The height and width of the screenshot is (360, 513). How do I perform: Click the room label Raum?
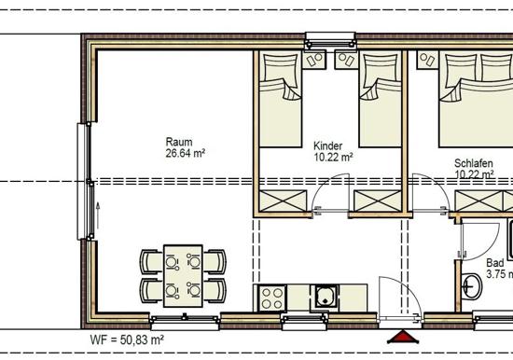coord(179,142)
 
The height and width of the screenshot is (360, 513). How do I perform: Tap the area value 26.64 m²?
coord(186,153)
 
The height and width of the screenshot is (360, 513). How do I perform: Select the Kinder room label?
coord(327,146)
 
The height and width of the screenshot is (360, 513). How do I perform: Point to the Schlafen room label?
coord(474,163)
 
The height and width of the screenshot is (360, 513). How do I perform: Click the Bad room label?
coord(495,263)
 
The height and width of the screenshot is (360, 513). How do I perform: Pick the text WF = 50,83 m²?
coord(127,339)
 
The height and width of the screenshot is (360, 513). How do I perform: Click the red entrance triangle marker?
coord(403,337)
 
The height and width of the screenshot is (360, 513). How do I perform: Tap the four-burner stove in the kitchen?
coord(271,298)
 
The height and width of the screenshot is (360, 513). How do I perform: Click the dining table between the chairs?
coord(183,276)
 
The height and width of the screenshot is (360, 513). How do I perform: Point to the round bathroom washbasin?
coord(471,286)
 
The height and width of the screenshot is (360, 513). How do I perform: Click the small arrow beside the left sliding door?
coord(98,215)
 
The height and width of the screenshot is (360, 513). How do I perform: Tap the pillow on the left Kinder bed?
coord(280,67)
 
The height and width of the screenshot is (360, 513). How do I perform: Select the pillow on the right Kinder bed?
coord(381,67)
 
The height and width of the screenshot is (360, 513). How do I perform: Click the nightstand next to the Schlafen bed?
coord(427,60)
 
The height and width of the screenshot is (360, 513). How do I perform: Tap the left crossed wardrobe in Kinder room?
coord(283,201)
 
